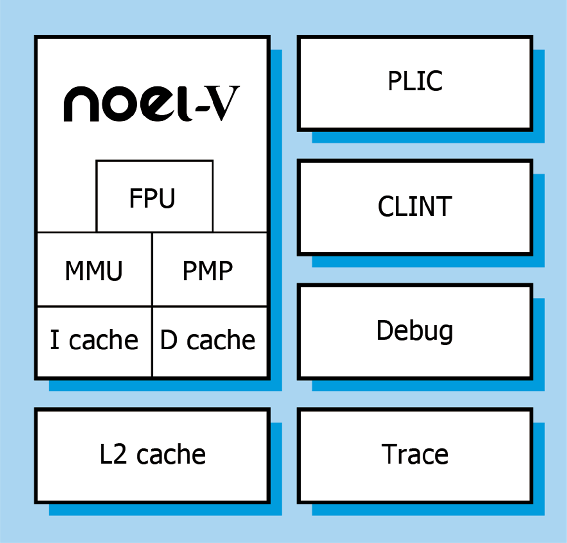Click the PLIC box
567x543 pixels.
tap(415, 83)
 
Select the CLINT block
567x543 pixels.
tap(415, 207)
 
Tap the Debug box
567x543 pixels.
tap(415, 331)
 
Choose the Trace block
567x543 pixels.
tap(415, 456)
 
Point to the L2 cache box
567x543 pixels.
tap(152, 456)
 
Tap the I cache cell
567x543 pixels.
tap(94, 341)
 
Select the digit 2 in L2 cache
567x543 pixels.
tap(120, 455)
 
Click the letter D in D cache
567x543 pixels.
tap(169, 340)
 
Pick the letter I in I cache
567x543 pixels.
tap(54, 340)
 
